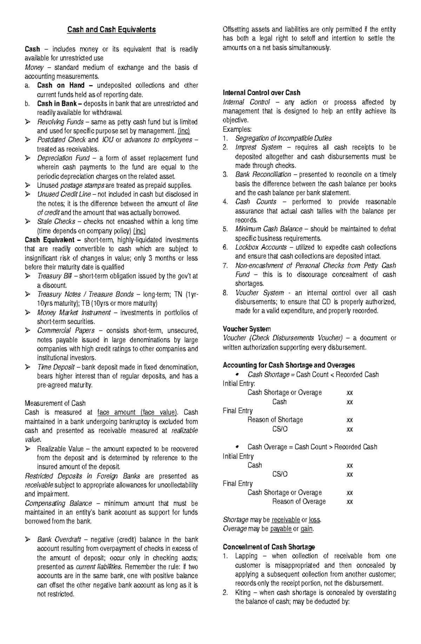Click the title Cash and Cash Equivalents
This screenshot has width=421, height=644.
112,29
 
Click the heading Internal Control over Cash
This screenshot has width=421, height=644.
261,93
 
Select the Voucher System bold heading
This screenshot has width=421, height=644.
247,329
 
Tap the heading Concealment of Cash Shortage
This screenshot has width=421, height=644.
269,547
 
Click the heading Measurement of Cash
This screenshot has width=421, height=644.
55,403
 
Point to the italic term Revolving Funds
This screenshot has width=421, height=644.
60,122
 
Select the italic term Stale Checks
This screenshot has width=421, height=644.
56,222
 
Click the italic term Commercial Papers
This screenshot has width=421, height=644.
66,331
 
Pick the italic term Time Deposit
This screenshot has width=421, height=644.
56,367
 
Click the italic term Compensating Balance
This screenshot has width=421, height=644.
58,503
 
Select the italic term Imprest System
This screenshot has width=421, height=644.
258,147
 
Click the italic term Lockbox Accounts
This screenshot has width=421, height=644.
261,247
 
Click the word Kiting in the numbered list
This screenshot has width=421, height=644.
243,593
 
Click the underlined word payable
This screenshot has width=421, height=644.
281,529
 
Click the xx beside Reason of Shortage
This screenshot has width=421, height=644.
349,420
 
